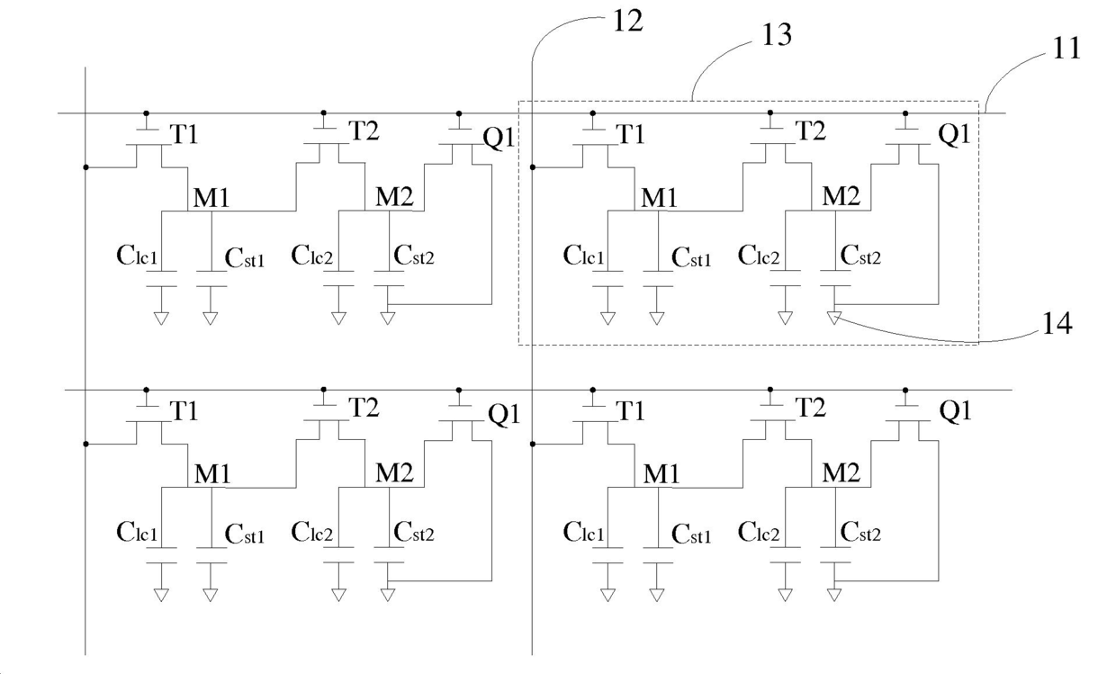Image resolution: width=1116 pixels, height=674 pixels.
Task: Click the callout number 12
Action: [x=627, y=22]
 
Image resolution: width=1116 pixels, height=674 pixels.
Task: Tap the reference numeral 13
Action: [x=777, y=35]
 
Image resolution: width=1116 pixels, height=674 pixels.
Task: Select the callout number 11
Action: [x=1066, y=49]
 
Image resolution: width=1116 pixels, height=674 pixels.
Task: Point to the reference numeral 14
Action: [x=1057, y=323]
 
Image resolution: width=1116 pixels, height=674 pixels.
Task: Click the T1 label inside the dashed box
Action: [x=630, y=134]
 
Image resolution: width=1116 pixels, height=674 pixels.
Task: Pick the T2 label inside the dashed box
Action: [x=811, y=130]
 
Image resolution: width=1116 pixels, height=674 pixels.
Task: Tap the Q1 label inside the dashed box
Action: [x=954, y=133]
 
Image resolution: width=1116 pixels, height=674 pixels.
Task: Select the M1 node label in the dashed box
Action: [x=659, y=197]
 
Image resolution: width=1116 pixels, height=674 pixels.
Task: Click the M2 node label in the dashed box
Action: [x=841, y=196]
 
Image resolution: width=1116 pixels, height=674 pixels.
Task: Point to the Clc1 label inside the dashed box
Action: [x=583, y=255]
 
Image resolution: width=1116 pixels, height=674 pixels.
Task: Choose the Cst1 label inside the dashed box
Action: [x=691, y=257]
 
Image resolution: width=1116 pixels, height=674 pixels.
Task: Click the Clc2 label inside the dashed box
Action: [x=759, y=255]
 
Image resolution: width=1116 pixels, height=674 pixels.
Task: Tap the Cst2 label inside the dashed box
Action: [x=860, y=255]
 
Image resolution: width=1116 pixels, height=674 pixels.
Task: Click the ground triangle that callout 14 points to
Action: [x=834, y=318]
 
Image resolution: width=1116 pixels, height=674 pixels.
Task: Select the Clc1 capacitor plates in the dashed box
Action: [x=607, y=279]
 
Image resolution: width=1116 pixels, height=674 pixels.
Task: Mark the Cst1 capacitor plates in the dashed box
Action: [x=658, y=279]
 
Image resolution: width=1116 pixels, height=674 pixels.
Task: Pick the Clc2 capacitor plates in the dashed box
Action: [x=785, y=278]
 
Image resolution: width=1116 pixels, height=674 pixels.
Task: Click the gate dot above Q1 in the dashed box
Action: [x=905, y=113]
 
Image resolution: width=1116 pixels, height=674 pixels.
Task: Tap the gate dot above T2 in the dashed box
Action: [x=770, y=112]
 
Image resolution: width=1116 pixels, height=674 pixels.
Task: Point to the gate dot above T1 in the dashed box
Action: [x=592, y=113]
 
